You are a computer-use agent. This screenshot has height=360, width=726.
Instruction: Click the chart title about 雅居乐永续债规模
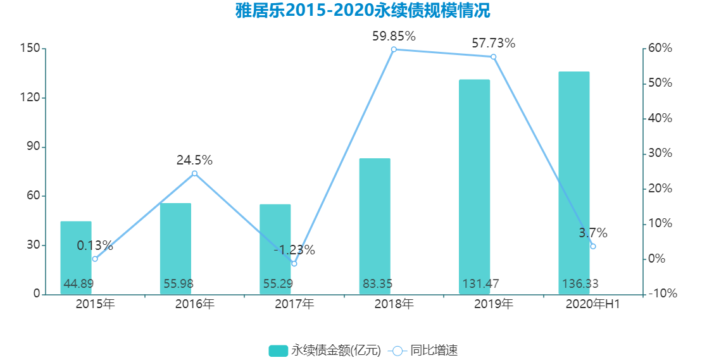click(363, 11)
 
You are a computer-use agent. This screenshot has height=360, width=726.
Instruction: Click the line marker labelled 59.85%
click(394, 49)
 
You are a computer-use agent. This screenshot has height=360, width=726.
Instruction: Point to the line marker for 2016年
click(194, 173)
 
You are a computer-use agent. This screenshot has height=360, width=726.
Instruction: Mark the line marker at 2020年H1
click(592, 246)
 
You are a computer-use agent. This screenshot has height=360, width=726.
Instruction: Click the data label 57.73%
click(493, 44)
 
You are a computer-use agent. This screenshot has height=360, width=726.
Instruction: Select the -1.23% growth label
click(294, 250)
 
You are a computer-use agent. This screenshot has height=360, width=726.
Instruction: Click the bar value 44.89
click(78, 284)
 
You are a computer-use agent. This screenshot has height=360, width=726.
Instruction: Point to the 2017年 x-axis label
click(294, 304)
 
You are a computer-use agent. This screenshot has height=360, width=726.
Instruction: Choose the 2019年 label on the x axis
click(494, 304)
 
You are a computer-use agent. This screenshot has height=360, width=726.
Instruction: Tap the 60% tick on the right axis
click(660, 49)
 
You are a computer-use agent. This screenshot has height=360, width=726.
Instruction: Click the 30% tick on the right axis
click(660, 154)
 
